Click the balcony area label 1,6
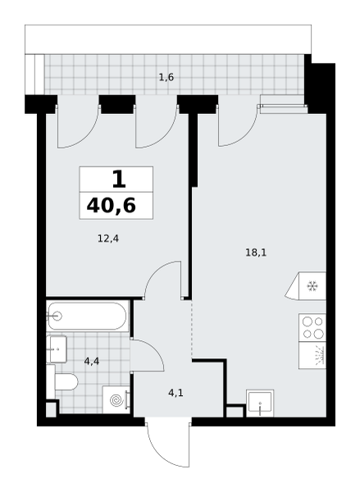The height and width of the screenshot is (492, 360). (166, 77)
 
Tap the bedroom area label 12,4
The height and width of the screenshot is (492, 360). (108, 239)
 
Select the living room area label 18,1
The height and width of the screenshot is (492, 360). (256, 253)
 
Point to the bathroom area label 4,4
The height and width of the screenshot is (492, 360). (92, 362)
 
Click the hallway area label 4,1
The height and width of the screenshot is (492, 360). (175, 393)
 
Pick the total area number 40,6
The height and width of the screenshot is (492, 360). (111, 206)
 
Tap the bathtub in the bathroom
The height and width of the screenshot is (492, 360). (88, 316)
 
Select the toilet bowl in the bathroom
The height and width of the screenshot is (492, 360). (66, 382)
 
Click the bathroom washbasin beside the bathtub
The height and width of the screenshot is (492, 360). (57, 348)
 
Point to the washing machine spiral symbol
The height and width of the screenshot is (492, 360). (116, 400)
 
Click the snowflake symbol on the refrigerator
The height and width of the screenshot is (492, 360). (312, 286)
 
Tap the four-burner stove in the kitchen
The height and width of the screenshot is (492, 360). (312, 327)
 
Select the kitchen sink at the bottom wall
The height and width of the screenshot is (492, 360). (260, 403)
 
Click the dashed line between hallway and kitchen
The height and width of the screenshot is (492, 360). (192, 330)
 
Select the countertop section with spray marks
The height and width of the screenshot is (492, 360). (312, 355)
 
